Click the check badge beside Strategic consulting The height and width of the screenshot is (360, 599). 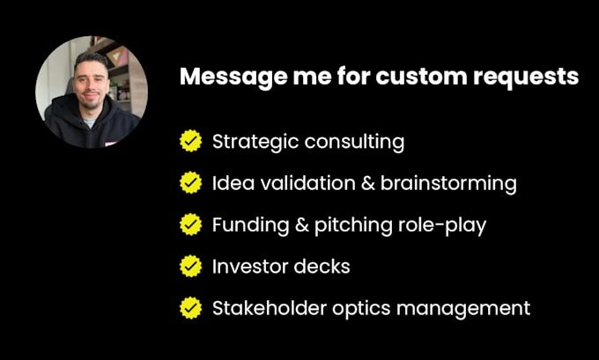(x=190, y=141)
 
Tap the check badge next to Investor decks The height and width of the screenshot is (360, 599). (x=190, y=266)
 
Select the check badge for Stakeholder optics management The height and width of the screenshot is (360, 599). (x=190, y=308)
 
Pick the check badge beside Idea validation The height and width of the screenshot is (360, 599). (x=190, y=182)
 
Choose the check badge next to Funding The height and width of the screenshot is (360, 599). (x=190, y=224)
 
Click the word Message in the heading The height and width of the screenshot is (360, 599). (x=233, y=77)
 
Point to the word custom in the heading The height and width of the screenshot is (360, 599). (x=421, y=77)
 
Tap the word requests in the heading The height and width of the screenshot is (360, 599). (x=526, y=78)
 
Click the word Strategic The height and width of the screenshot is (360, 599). (x=255, y=143)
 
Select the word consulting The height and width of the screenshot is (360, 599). (x=354, y=143)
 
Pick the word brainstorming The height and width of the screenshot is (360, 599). (x=448, y=184)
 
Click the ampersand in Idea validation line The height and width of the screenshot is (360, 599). (x=368, y=183)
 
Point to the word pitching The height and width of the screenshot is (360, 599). (x=353, y=225)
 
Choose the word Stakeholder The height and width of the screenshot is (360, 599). (x=270, y=308)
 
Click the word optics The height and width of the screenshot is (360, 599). (x=361, y=309)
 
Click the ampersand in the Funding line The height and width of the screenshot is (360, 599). (x=302, y=224)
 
